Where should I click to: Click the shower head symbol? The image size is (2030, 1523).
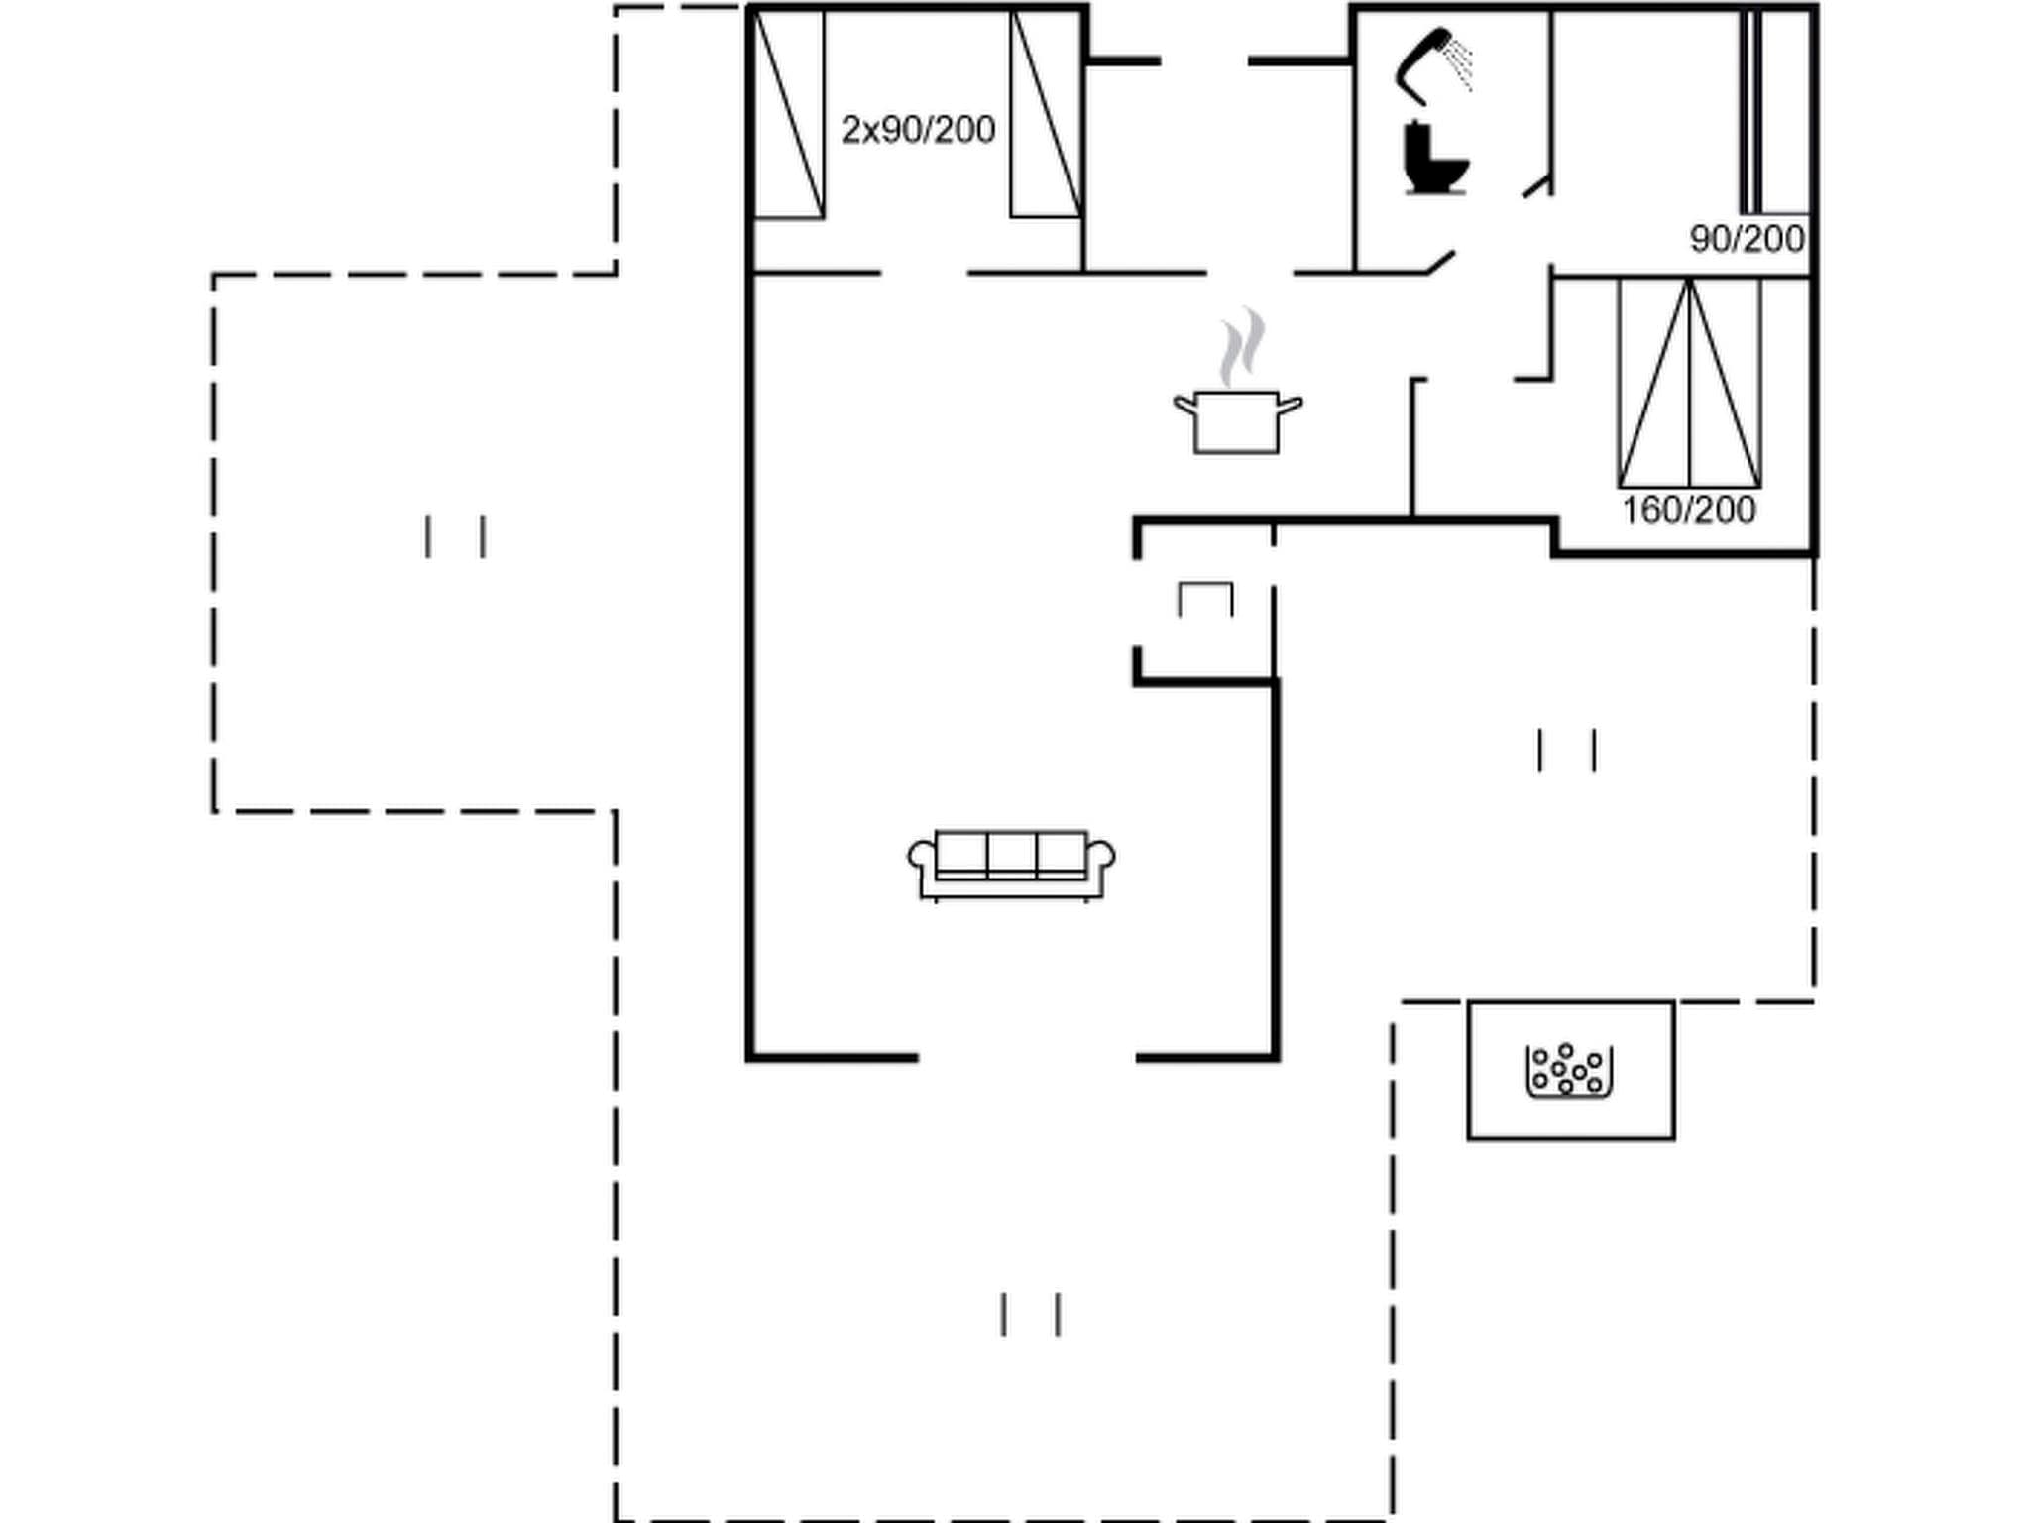(1423, 63)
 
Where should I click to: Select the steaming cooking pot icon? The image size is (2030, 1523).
(1237, 420)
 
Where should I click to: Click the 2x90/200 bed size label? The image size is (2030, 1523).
(918, 130)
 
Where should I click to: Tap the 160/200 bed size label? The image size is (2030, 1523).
(1688, 510)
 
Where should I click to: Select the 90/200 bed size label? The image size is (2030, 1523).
(1747, 239)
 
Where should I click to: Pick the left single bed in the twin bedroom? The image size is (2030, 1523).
(789, 113)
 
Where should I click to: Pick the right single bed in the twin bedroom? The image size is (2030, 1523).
(1046, 113)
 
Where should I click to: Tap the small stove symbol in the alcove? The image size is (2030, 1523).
(1205, 600)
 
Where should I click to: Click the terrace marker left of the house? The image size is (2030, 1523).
(455, 536)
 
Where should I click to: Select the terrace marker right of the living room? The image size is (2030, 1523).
(1566, 750)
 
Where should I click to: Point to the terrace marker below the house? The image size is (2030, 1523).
(1031, 1314)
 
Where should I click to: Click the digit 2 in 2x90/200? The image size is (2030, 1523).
(850, 130)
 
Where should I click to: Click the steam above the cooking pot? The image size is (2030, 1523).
(1242, 346)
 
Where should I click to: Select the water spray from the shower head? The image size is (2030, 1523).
(1459, 62)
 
